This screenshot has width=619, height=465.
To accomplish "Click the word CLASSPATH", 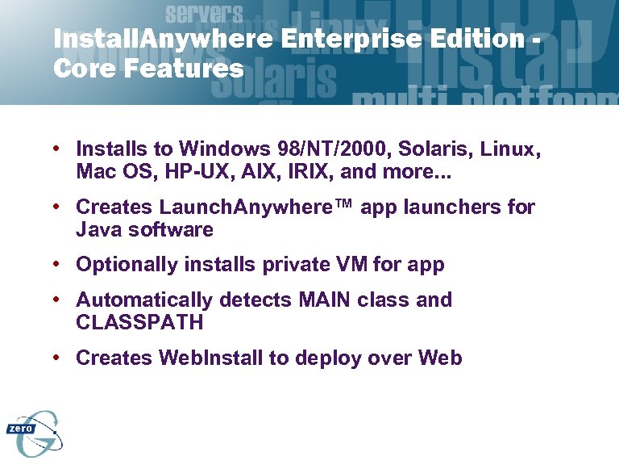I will [139, 323].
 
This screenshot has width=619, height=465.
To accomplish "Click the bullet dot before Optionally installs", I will [60, 264].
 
